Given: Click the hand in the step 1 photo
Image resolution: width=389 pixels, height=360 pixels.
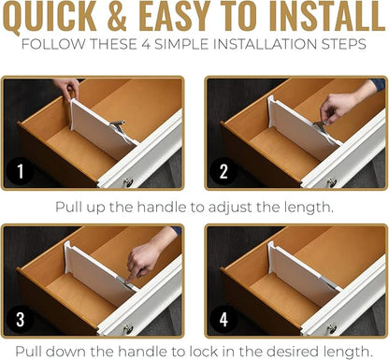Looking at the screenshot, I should [x=67, y=89].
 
